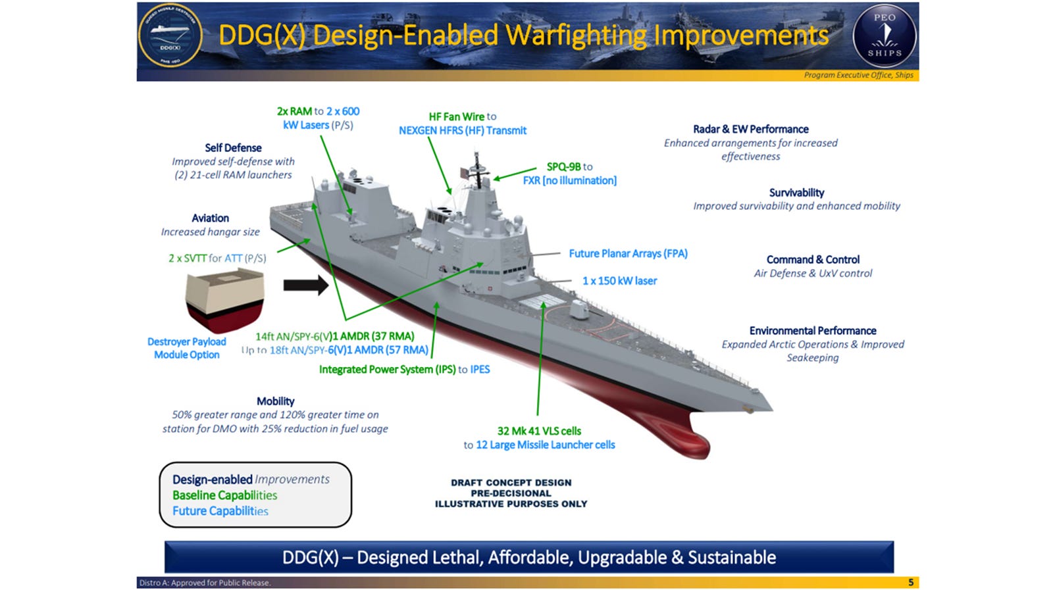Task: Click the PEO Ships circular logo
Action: (x=885, y=36)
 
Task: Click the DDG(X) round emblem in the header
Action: (x=170, y=37)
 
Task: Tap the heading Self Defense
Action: (x=233, y=148)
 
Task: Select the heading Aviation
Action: (x=210, y=218)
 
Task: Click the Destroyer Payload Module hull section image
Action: (x=224, y=301)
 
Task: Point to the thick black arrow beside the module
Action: (x=305, y=285)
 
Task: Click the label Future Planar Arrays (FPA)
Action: (x=628, y=254)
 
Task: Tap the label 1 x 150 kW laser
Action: (x=619, y=281)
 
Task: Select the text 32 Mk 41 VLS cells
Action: (x=539, y=432)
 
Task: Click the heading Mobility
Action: (x=275, y=401)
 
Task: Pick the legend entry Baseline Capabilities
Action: (x=224, y=495)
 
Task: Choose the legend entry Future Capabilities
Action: (x=220, y=511)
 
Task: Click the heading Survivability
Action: (x=796, y=193)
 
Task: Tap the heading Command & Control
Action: (x=813, y=260)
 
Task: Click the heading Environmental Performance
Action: (x=813, y=331)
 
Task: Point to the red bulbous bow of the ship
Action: (x=691, y=441)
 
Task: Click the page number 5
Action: (x=911, y=582)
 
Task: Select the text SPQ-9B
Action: (x=563, y=167)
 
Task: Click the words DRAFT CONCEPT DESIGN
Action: (x=511, y=483)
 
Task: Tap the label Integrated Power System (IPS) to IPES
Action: (x=404, y=370)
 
